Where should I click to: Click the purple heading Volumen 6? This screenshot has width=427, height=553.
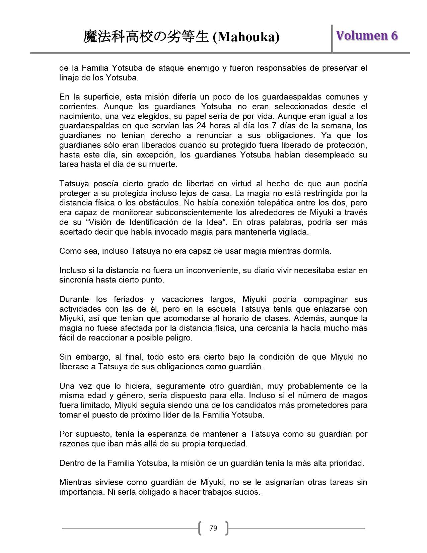(x=367, y=36)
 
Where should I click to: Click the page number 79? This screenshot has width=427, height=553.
(x=213, y=528)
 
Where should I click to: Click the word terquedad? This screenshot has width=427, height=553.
(x=227, y=444)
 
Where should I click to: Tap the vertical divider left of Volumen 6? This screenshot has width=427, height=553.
(x=332, y=38)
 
